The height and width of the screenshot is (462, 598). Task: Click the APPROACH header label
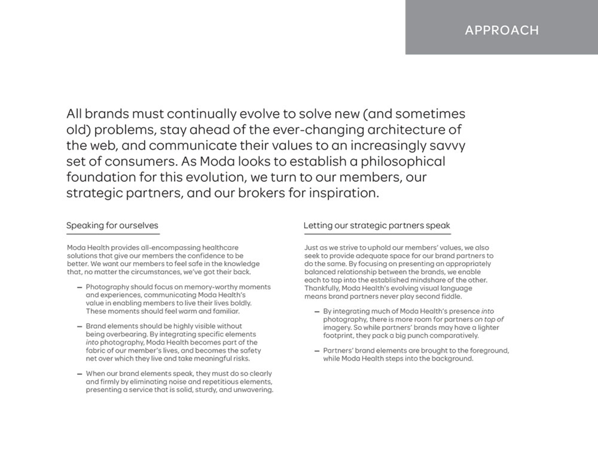[502, 30]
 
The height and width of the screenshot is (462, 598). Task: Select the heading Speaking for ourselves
[112, 226]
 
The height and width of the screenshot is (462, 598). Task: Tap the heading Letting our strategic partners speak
[377, 226]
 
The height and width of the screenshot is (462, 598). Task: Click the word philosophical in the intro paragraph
[403, 161]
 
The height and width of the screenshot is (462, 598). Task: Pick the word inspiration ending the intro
[344, 193]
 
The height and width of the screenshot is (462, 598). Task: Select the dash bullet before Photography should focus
[80, 287]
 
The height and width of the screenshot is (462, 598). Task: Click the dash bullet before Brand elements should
[80, 327]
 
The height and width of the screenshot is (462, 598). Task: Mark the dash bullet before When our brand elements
[80, 374]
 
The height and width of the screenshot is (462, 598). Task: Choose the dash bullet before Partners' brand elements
[317, 351]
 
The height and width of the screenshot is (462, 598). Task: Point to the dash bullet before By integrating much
[317, 312]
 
